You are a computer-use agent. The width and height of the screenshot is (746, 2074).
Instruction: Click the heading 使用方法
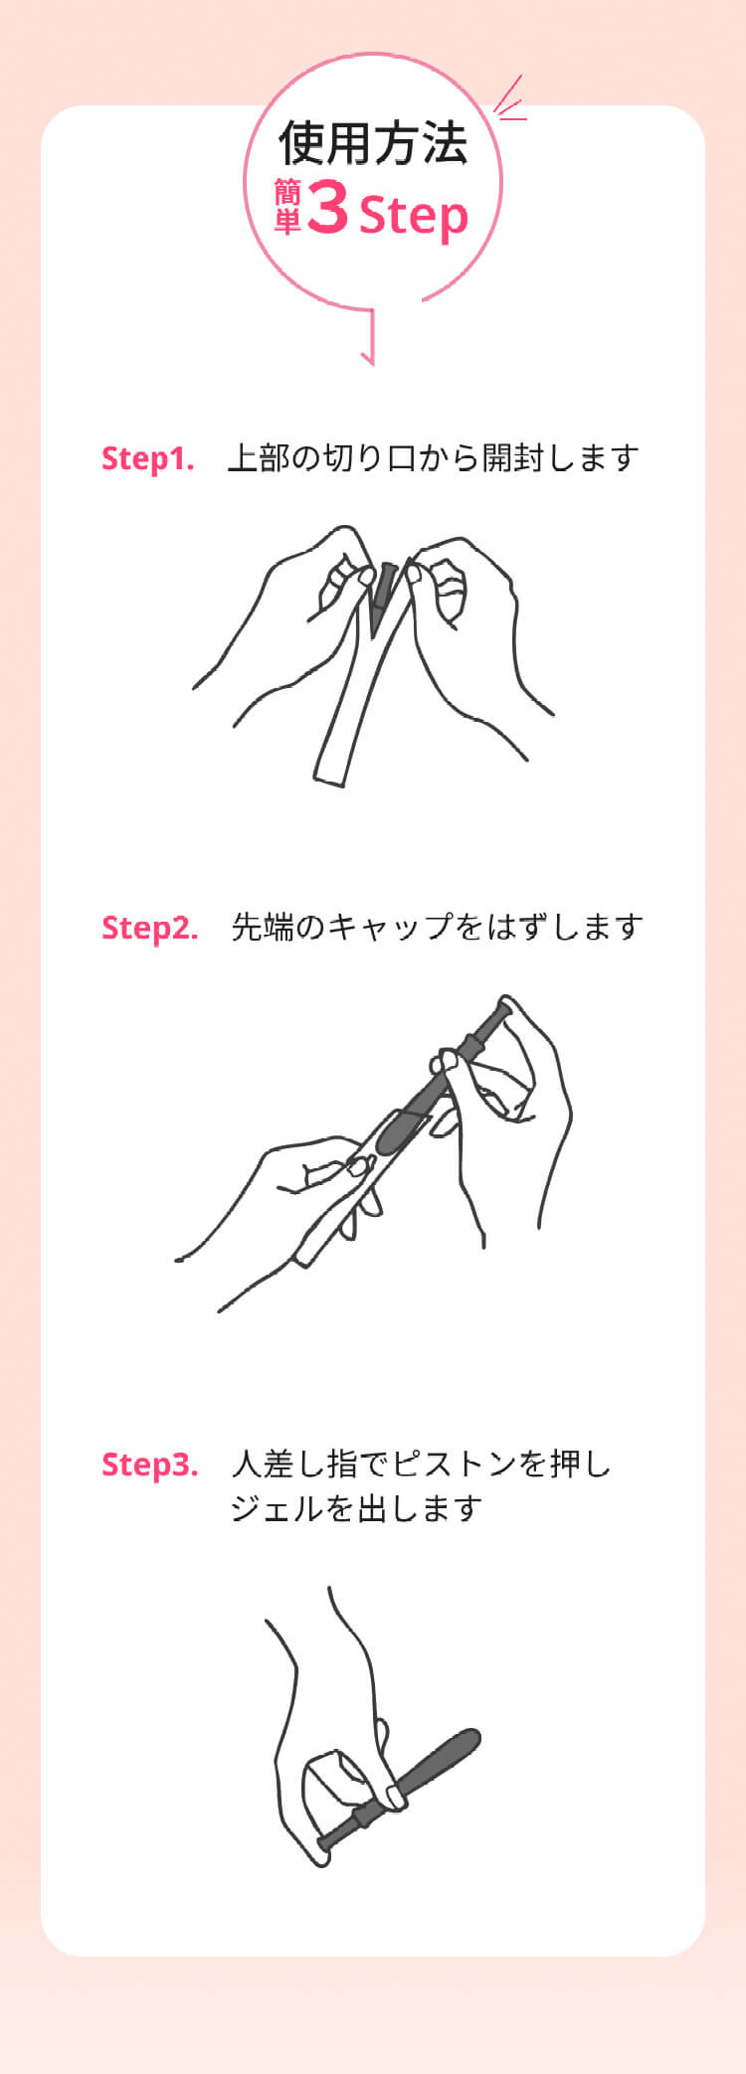point(373,143)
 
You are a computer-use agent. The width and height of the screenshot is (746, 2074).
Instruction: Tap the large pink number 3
point(327,208)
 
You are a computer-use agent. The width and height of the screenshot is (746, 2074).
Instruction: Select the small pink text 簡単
point(287,208)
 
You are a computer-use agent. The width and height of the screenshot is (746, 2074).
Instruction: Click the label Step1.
point(147,458)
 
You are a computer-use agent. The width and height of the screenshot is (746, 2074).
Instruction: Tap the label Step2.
point(149,928)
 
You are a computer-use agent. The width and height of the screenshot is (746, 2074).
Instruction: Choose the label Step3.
point(149,1465)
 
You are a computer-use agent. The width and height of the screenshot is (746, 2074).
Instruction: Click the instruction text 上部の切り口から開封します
point(433,458)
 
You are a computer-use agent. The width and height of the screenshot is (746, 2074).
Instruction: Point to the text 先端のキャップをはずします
point(437,928)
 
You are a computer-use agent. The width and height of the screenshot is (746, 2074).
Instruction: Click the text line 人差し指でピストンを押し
point(421,1465)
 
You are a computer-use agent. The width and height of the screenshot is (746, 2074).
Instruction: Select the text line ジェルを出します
point(356,1509)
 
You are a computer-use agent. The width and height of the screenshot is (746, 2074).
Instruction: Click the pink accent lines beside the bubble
point(509,100)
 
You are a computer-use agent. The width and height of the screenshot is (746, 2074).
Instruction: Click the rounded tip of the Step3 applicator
point(470,1739)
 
